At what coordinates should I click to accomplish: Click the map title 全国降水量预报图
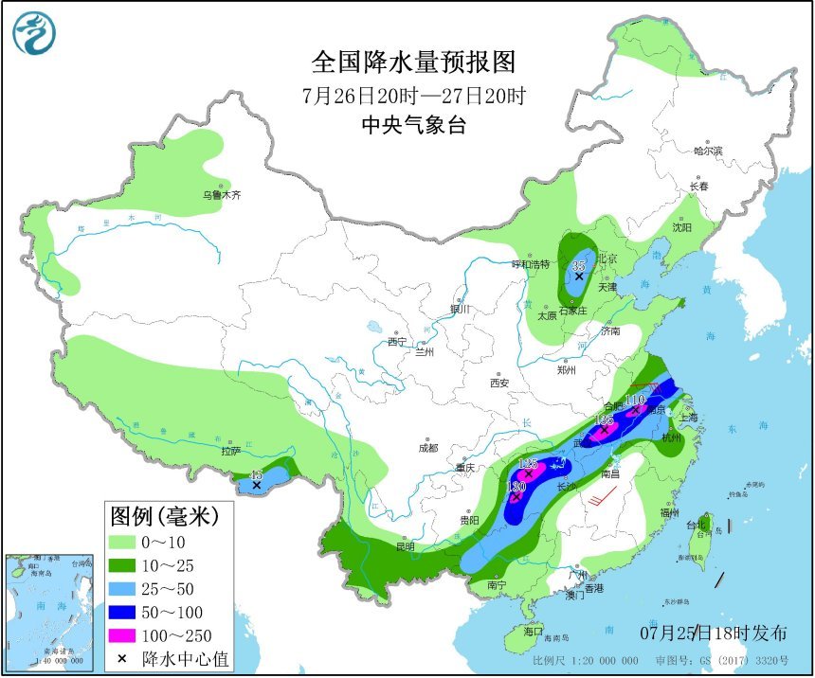[414, 62]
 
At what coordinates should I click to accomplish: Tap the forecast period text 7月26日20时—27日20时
[414, 96]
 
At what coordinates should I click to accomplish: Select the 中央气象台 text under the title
[414, 125]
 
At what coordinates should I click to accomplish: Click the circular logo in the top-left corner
[34, 35]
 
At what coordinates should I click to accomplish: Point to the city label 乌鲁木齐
[221, 195]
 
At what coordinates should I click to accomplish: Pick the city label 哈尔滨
[707, 151]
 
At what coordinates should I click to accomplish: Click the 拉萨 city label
[230, 451]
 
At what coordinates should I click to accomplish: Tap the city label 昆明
[406, 546]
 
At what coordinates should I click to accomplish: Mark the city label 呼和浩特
[531, 264]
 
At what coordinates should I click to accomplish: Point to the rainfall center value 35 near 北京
[579, 266]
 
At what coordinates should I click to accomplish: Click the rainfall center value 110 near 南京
[634, 401]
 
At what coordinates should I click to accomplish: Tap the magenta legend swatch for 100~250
[122, 635]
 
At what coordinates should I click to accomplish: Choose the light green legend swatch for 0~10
[122, 543]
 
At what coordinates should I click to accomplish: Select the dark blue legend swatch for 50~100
[122, 612]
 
